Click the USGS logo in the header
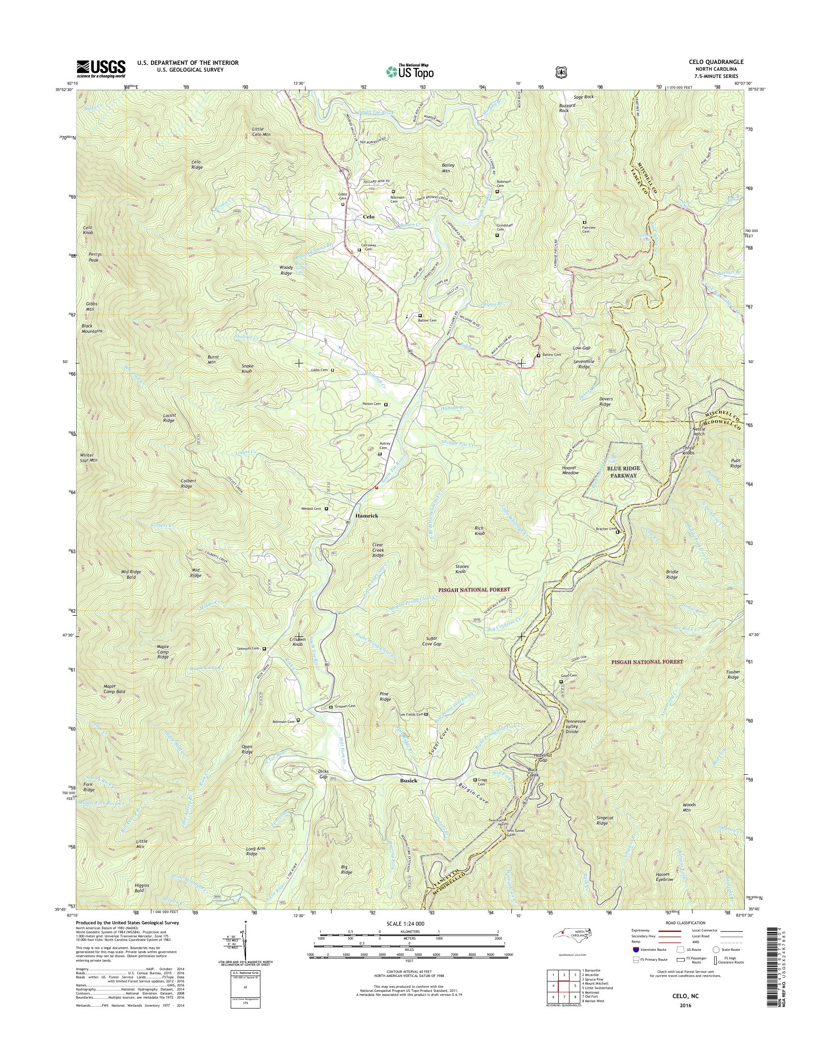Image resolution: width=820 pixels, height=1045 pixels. pos(101,68)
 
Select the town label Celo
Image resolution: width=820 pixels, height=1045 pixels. pos(368,217)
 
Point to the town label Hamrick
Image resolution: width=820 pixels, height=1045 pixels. pos(366,516)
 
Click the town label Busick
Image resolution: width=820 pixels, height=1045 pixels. pos(409,781)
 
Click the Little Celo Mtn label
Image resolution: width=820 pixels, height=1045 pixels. pos(261,132)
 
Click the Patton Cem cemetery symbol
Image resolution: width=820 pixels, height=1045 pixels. pos(386,404)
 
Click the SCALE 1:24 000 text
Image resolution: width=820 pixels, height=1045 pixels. pos(408,923)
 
